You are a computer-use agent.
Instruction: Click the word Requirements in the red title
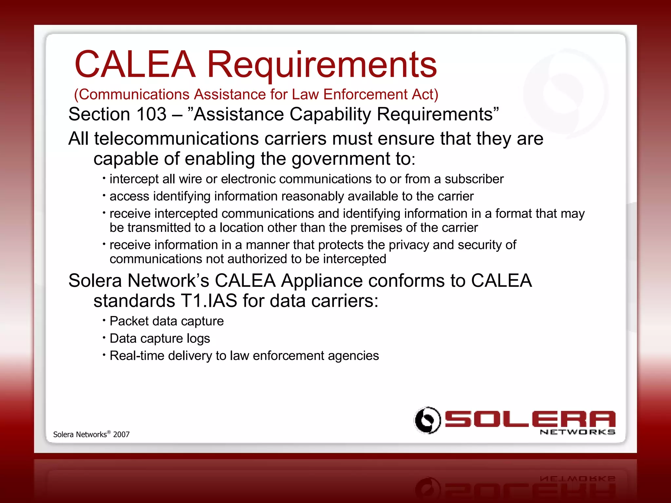[x=322, y=65]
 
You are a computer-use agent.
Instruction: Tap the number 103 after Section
[x=151, y=114]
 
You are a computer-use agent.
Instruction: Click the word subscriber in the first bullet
[x=474, y=179]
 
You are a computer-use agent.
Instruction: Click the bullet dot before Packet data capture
[x=104, y=320]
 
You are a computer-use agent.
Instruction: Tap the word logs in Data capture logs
[x=198, y=339]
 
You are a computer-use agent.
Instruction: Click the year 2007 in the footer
[x=121, y=435]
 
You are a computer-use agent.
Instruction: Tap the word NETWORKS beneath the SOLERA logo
[x=577, y=432]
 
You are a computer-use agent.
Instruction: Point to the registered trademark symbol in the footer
[x=109, y=432]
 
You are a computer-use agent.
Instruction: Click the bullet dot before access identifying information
[x=104, y=196]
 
